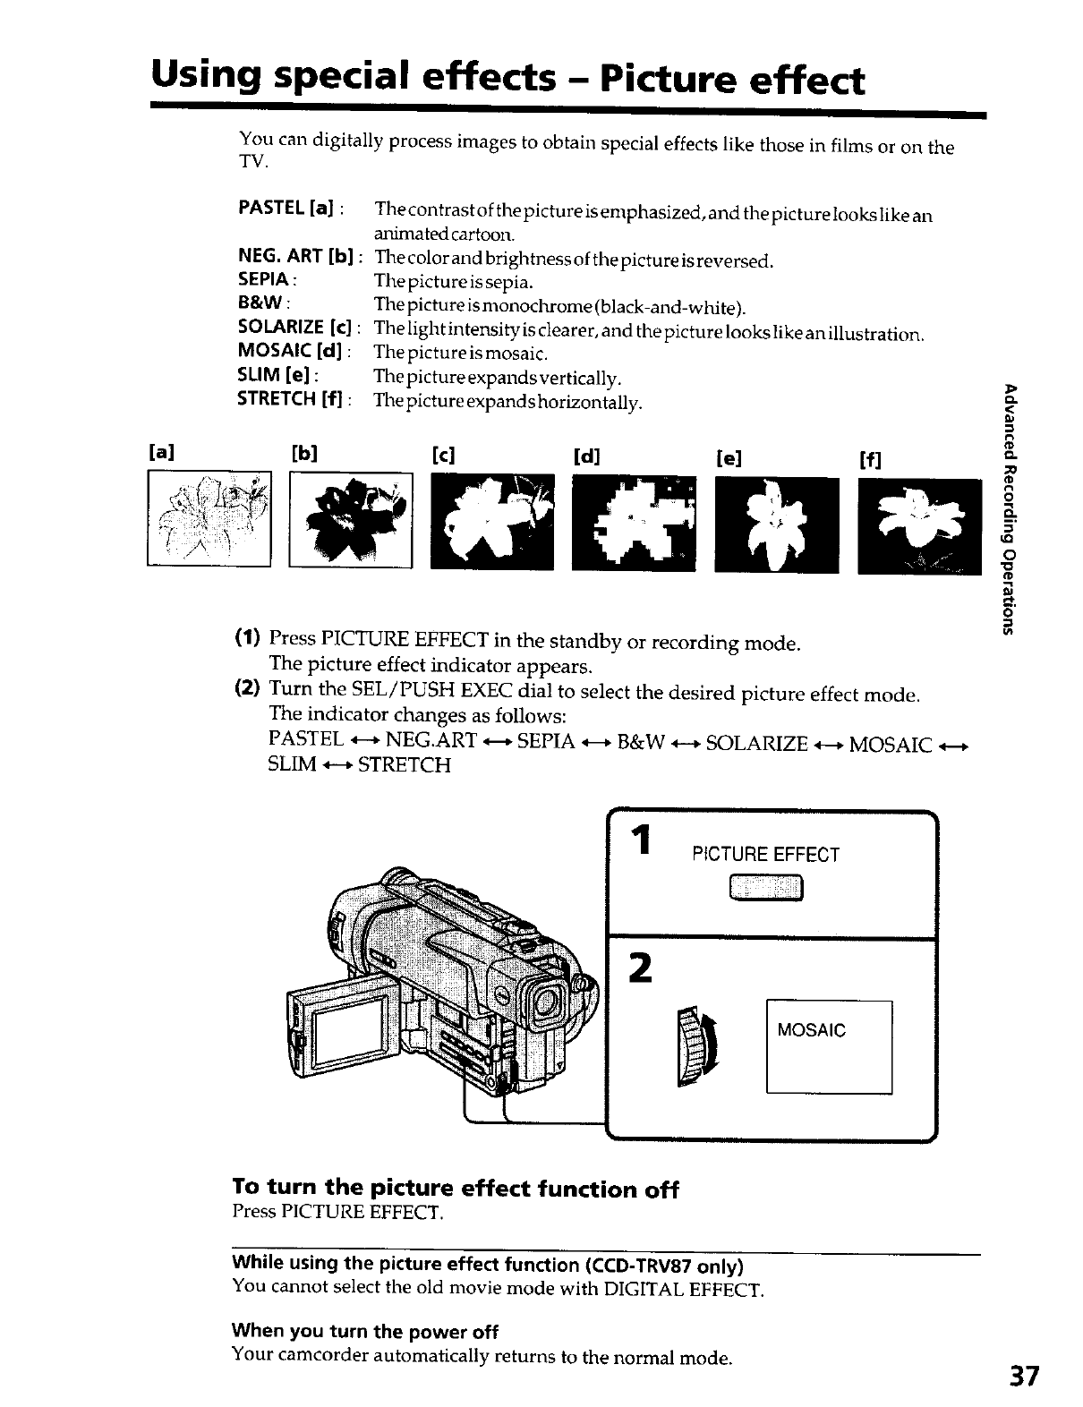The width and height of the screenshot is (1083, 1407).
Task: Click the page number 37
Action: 1023,1375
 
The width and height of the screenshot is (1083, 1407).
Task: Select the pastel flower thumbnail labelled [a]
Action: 209,518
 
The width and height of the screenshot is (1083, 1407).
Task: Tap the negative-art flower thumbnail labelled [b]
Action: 350,518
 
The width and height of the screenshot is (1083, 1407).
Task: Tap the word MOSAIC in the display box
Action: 811,1030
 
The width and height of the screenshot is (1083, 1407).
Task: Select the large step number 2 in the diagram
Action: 639,968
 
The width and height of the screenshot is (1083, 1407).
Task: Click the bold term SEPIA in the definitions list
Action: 258,283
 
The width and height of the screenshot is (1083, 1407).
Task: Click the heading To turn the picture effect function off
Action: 455,1189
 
